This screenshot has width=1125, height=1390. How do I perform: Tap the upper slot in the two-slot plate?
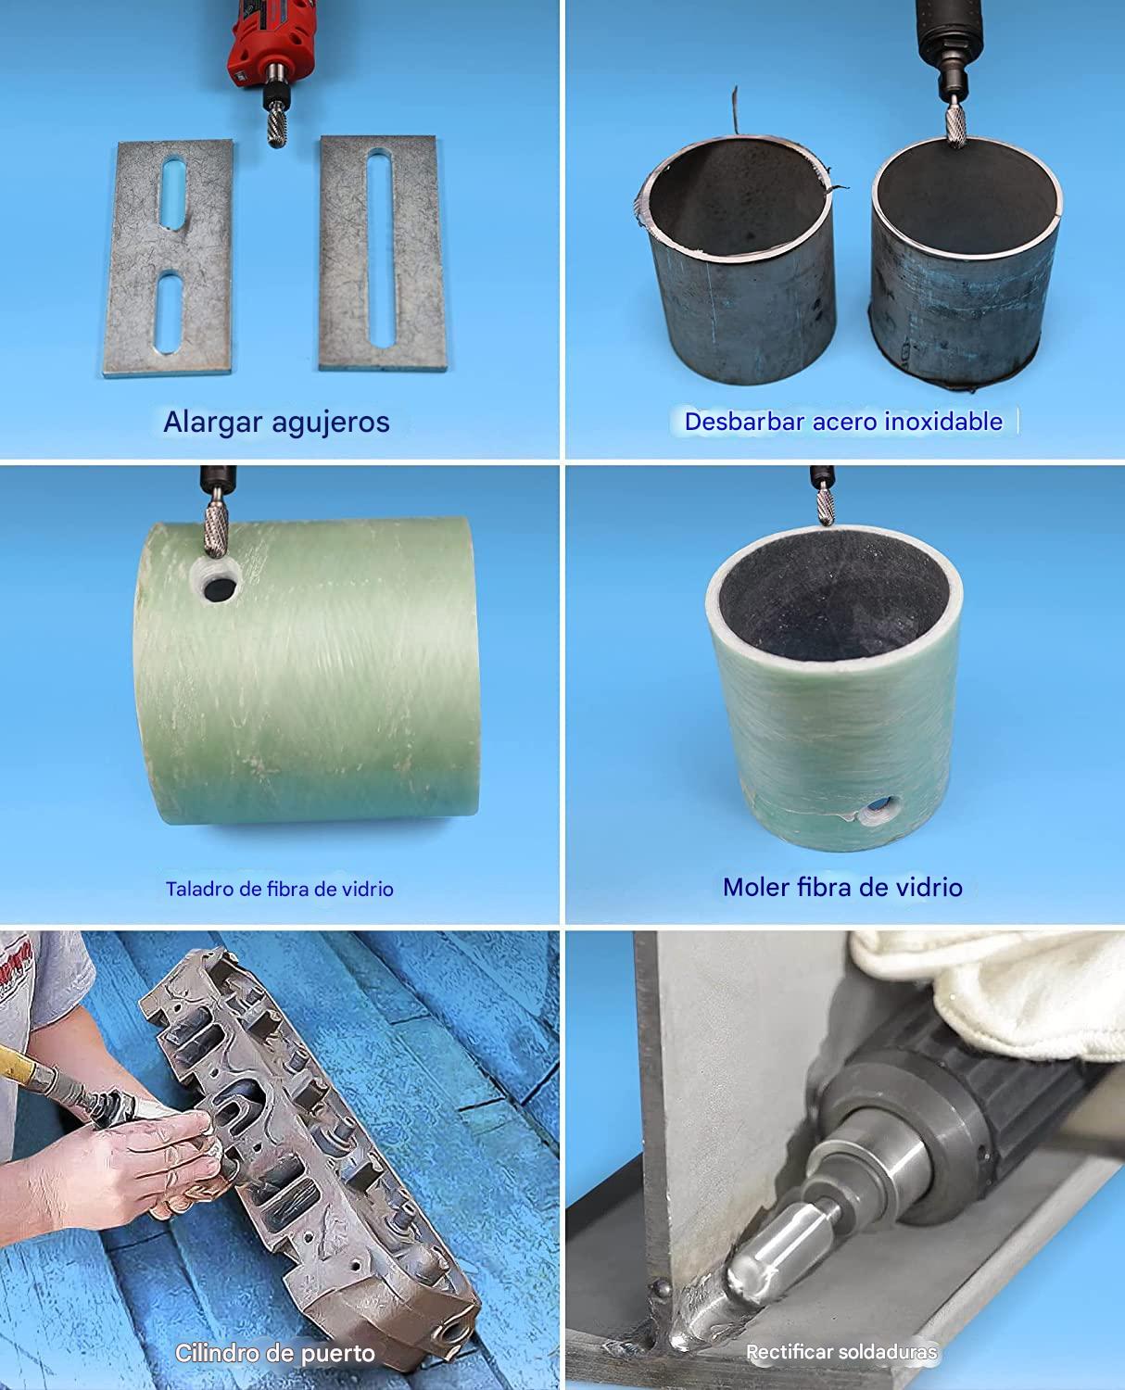(173, 192)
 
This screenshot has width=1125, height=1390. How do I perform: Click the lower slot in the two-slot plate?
(169, 314)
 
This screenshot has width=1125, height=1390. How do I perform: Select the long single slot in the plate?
(381, 248)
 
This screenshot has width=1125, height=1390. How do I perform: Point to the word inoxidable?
(943, 422)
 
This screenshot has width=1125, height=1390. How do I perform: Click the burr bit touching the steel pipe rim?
(955, 125)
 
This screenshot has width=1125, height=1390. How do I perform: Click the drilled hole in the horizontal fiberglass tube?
(220, 590)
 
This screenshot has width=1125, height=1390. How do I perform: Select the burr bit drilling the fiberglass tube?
(216, 529)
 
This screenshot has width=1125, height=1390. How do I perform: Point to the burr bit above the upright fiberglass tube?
(825, 505)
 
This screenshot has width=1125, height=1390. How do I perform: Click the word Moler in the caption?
(756, 887)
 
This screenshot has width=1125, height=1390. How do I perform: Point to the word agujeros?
(331, 423)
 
